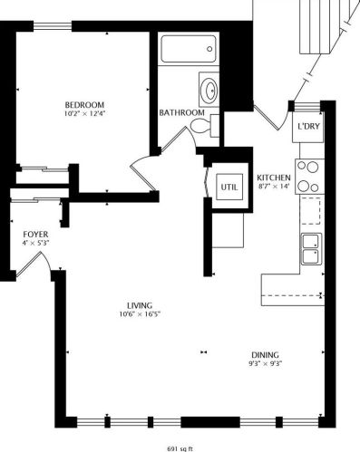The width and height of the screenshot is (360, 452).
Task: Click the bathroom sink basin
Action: pyautogui.click(x=209, y=91)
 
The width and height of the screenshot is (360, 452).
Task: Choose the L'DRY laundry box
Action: pyautogui.click(x=306, y=127)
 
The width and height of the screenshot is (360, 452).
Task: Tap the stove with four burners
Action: pyautogui.click(x=309, y=175)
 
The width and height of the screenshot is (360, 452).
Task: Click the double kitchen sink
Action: pyautogui.click(x=311, y=246)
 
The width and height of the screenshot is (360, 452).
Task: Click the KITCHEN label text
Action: pyautogui.click(x=273, y=177)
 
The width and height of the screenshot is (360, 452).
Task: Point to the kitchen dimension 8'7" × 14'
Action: pyautogui.click(x=273, y=188)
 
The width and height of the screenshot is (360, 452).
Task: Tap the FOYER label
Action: pyautogui.click(x=34, y=234)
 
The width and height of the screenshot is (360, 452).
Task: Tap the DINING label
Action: pyautogui.click(x=266, y=354)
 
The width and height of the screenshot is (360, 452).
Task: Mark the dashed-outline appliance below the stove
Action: pyautogui.click(x=311, y=209)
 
